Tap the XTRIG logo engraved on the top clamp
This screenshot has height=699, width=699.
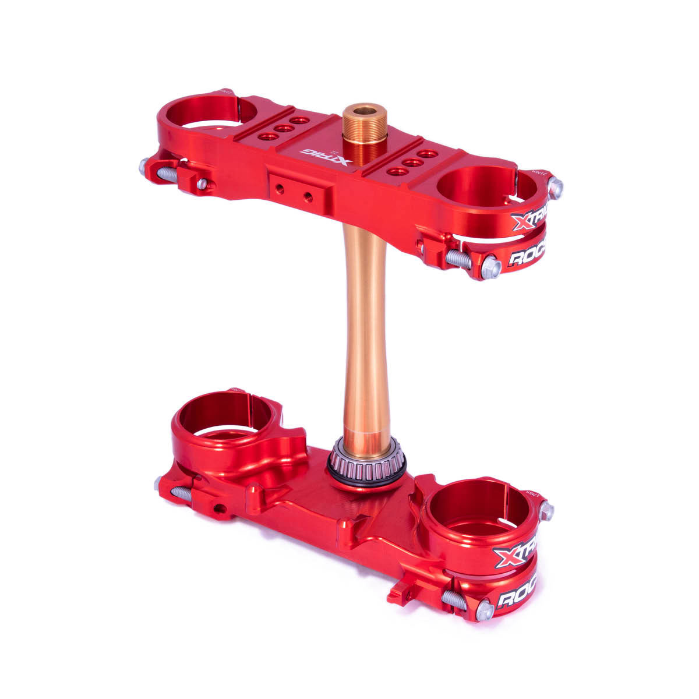(325, 156)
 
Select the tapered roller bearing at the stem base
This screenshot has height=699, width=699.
(366, 460)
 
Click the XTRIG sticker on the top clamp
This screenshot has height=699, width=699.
(529, 220)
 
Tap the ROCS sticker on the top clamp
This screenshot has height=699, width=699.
(527, 257)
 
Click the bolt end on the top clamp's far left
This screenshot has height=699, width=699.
(143, 166)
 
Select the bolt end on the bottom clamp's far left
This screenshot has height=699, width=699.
(158, 483)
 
